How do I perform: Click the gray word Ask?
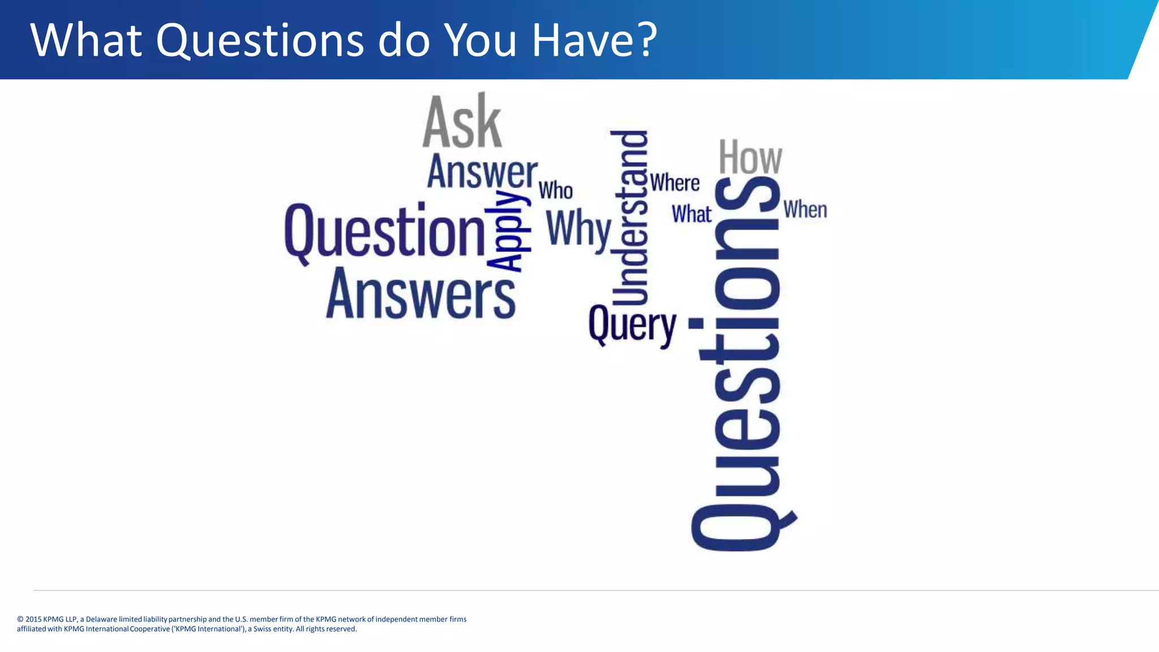coord(462,122)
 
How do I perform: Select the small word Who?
coord(555,191)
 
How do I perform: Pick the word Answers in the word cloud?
coord(421,294)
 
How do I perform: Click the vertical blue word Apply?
coord(508,231)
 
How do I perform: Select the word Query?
coord(632,325)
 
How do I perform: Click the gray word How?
coord(750,157)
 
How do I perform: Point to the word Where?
coord(675,183)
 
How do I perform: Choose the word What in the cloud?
coord(691,215)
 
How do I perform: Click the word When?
coord(805,210)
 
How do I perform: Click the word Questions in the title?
coord(260,41)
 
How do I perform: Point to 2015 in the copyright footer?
coord(33,619)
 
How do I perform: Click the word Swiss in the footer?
coord(263,629)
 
